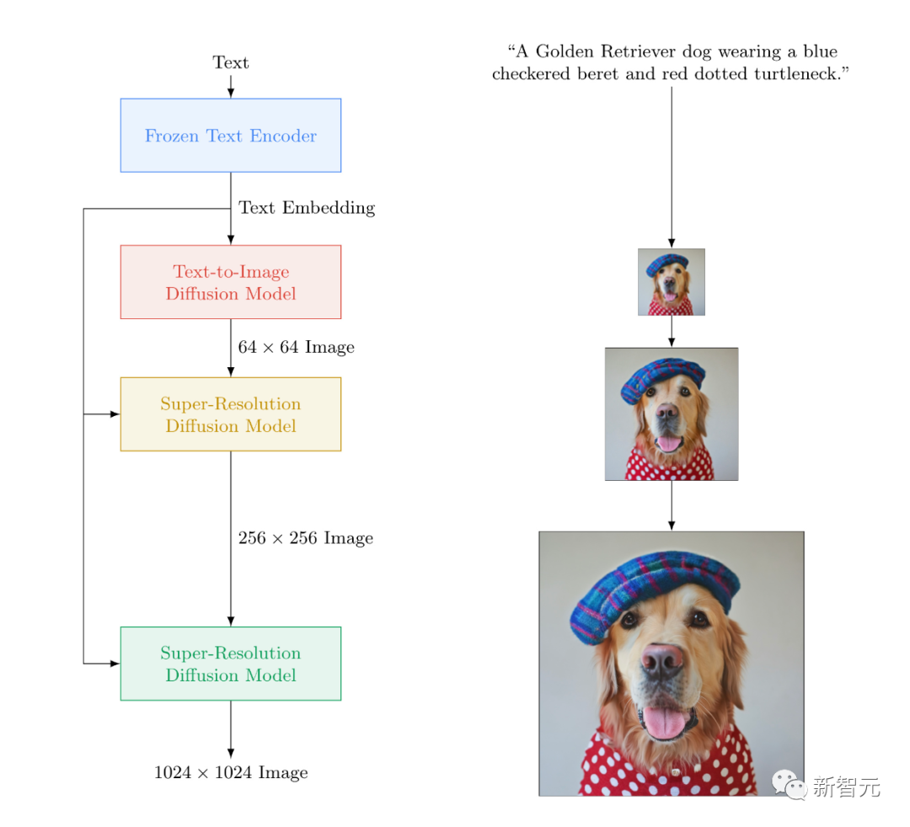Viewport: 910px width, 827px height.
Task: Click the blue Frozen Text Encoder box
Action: coord(231,135)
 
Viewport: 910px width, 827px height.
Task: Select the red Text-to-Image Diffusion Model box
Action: coord(231,282)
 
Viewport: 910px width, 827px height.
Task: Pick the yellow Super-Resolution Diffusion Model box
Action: coord(231,414)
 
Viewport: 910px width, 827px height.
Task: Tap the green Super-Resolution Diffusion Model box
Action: coord(231,664)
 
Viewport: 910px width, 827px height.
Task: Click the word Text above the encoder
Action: coord(230,62)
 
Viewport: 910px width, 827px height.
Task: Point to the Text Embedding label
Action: coord(307,208)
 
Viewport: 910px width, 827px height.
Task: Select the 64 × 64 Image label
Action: coord(296,347)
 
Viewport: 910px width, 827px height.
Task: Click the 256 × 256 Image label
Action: coord(305,538)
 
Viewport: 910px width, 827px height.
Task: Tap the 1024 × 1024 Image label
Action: coord(231,772)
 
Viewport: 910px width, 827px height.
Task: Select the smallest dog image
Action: coord(672,282)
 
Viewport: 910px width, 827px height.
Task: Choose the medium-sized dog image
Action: coord(672,414)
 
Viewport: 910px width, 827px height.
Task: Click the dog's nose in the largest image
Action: coord(663,660)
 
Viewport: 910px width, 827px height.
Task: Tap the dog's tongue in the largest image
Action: coord(664,721)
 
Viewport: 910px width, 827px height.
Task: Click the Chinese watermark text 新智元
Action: coord(847,787)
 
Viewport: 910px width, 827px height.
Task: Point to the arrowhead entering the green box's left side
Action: coord(115,664)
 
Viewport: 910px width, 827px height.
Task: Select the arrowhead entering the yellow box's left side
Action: coord(115,414)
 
